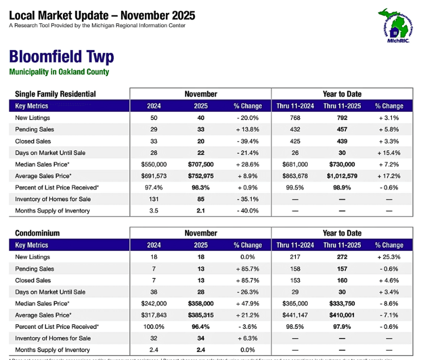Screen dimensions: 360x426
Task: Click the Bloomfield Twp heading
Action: point(61,57)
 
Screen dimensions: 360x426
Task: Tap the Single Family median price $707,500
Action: point(201,165)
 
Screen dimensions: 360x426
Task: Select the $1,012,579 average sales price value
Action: point(342,176)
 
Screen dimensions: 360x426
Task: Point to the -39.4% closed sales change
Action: point(248,141)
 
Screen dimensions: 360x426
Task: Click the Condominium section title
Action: point(37,233)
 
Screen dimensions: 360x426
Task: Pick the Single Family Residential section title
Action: point(55,94)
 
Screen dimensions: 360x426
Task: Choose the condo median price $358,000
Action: point(201,304)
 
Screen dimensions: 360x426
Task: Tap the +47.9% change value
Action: point(248,304)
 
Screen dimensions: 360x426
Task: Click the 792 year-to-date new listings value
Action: point(342,118)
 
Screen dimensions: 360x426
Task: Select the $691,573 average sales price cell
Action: point(153,176)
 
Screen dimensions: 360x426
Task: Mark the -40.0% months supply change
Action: point(248,211)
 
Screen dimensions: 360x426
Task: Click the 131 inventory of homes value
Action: point(153,199)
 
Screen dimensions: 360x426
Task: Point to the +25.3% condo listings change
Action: point(389,257)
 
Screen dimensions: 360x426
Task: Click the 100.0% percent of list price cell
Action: point(153,327)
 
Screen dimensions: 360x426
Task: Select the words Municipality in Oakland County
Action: point(59,72)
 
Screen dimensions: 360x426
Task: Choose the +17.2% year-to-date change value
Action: point(389,176)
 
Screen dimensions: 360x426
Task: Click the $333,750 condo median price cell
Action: point(342,304)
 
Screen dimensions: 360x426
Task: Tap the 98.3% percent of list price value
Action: point(201,187)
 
